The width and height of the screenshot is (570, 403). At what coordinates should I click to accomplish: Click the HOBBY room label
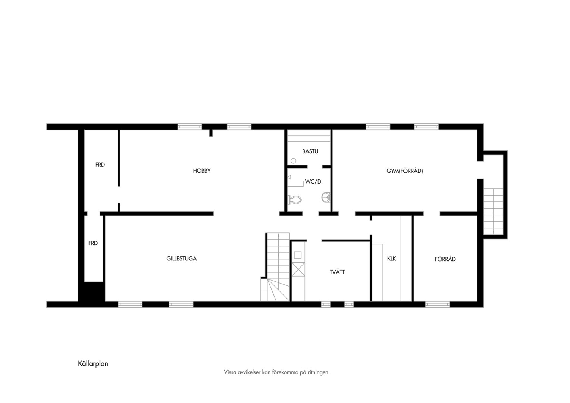pyautogui.click(x=201, y=171)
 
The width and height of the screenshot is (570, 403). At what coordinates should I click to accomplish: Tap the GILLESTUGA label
pyautogui.click(x=181, y=259)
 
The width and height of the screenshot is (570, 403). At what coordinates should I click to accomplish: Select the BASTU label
pyautogui.click(x=310, y=151)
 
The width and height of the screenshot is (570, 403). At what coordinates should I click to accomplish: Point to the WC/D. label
pyautogui.click(x=314, y=182)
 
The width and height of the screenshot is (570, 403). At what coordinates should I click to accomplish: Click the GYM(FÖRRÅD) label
pyautogui.click(x=405, y=171)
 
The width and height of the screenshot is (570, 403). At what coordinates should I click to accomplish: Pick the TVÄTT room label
pyautogui.click(x=337, y=272)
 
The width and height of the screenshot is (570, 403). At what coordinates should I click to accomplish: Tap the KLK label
pyautogui.click(x=391, y=259)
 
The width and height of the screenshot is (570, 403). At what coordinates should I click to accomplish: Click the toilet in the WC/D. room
pyautogui.click(x=295, y=200)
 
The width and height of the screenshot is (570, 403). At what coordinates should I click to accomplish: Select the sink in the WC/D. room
pyautogui.click(x=326, y=197)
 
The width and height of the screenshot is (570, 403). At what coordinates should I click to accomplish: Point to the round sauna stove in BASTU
pyautogui.click(x=294, y=161)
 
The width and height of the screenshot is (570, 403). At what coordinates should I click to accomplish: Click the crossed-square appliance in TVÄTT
pyautogui.click(x=298, y=269)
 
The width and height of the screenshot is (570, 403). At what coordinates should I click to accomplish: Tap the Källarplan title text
pyautogui.click(x=93, y=363)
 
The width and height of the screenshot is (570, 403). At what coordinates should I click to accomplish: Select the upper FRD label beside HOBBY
pyautogui.click(x=100, y=165)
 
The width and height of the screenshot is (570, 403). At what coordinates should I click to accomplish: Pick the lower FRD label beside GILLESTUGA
pyautogui.click(x=93, y=243)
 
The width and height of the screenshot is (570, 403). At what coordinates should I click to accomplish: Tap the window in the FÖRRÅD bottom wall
pyautogui.click(x=438, y=304)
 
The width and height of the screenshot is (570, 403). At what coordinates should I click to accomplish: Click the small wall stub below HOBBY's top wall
pyautogui.click(x=211, y=133)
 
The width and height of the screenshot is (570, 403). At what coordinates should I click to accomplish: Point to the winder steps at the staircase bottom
pyautogui.click(x=275, y=290)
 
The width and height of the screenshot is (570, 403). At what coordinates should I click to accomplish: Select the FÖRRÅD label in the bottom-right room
pyautogui.click(x=445, y=259)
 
